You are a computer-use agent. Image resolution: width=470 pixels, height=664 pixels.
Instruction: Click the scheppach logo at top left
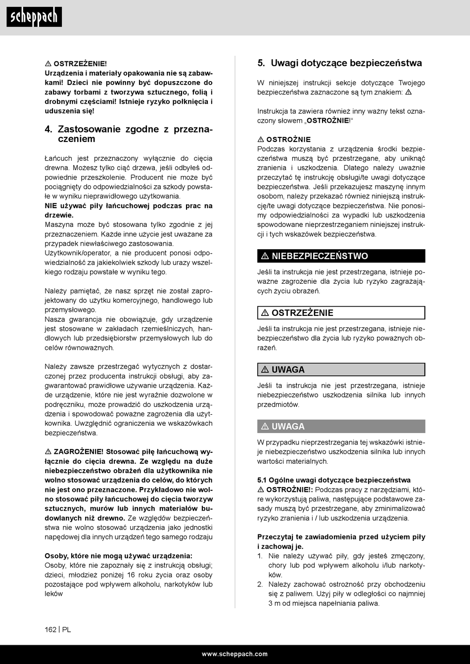pyautogui.click(x=34, y=17)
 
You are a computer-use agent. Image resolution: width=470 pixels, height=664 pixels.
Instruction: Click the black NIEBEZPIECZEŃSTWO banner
pyautogui.click(x=341, y=256)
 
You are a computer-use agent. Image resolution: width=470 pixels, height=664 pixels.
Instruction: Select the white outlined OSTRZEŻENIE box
pyautogui.click(x=341, y=312)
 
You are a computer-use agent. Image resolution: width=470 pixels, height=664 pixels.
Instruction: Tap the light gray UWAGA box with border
pyautogui.click(x=341, y=369)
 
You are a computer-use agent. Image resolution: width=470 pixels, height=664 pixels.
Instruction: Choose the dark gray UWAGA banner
pyautogui.click(x=341, y=426)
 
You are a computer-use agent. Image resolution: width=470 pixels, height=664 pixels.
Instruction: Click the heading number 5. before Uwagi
pyautogui.click(x=261, y=63)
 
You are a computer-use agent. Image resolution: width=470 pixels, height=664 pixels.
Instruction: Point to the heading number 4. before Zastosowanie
pyautogui.click(x=48, y=130)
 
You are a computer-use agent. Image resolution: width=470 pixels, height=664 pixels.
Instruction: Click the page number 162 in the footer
pyautogui.click(x=50, y=629)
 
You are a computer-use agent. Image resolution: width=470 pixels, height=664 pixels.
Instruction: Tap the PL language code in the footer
pyautogui.click(x=66, y=629)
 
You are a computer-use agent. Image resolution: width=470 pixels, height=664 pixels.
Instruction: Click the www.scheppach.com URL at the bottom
pyautogui.click(x=235, y=654)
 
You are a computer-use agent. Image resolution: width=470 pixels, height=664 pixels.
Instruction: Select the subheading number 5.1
pyautogui.click(x=262, y=480)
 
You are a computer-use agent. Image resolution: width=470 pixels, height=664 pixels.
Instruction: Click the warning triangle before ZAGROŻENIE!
pyautogui.click(x=48, y=451)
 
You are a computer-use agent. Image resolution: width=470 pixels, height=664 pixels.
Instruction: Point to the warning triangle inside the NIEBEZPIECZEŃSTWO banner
pyautogui.click(x=265, y=256)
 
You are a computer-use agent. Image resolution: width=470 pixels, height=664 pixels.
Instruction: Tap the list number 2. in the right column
pyautogui.click(x=260, y=584)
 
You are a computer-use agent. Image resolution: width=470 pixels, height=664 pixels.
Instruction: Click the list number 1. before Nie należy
pyautogui.click(x=260, y=556)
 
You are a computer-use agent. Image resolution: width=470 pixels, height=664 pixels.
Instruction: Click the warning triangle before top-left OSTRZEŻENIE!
pyautogui.click(x=48, y=64)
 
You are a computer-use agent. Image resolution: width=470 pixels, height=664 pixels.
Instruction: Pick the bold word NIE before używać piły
pyautogui.click(x=51, y=206)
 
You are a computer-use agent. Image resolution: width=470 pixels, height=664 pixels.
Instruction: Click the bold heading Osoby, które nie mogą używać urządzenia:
pyautogui.click(x=119, y=556)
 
